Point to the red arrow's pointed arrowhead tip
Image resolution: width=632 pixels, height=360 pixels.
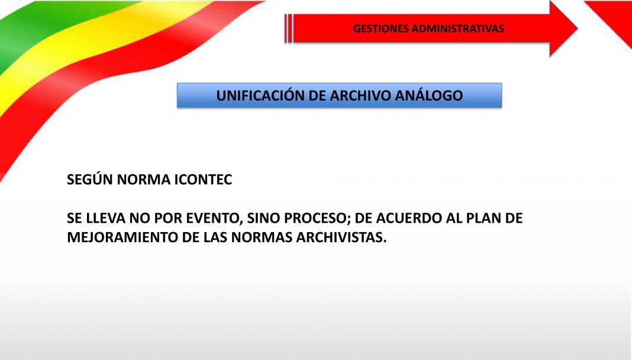pos(578,28)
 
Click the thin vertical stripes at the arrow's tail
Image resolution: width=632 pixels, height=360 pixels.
pos(288,28)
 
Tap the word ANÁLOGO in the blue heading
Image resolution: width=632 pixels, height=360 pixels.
pos(429,95)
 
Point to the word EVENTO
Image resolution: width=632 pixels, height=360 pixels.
pos(215,218)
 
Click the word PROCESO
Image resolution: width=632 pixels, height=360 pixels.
pos(318,218)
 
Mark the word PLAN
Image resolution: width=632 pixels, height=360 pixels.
pos(483,218)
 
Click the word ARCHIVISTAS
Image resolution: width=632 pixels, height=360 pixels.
pos(341,237)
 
